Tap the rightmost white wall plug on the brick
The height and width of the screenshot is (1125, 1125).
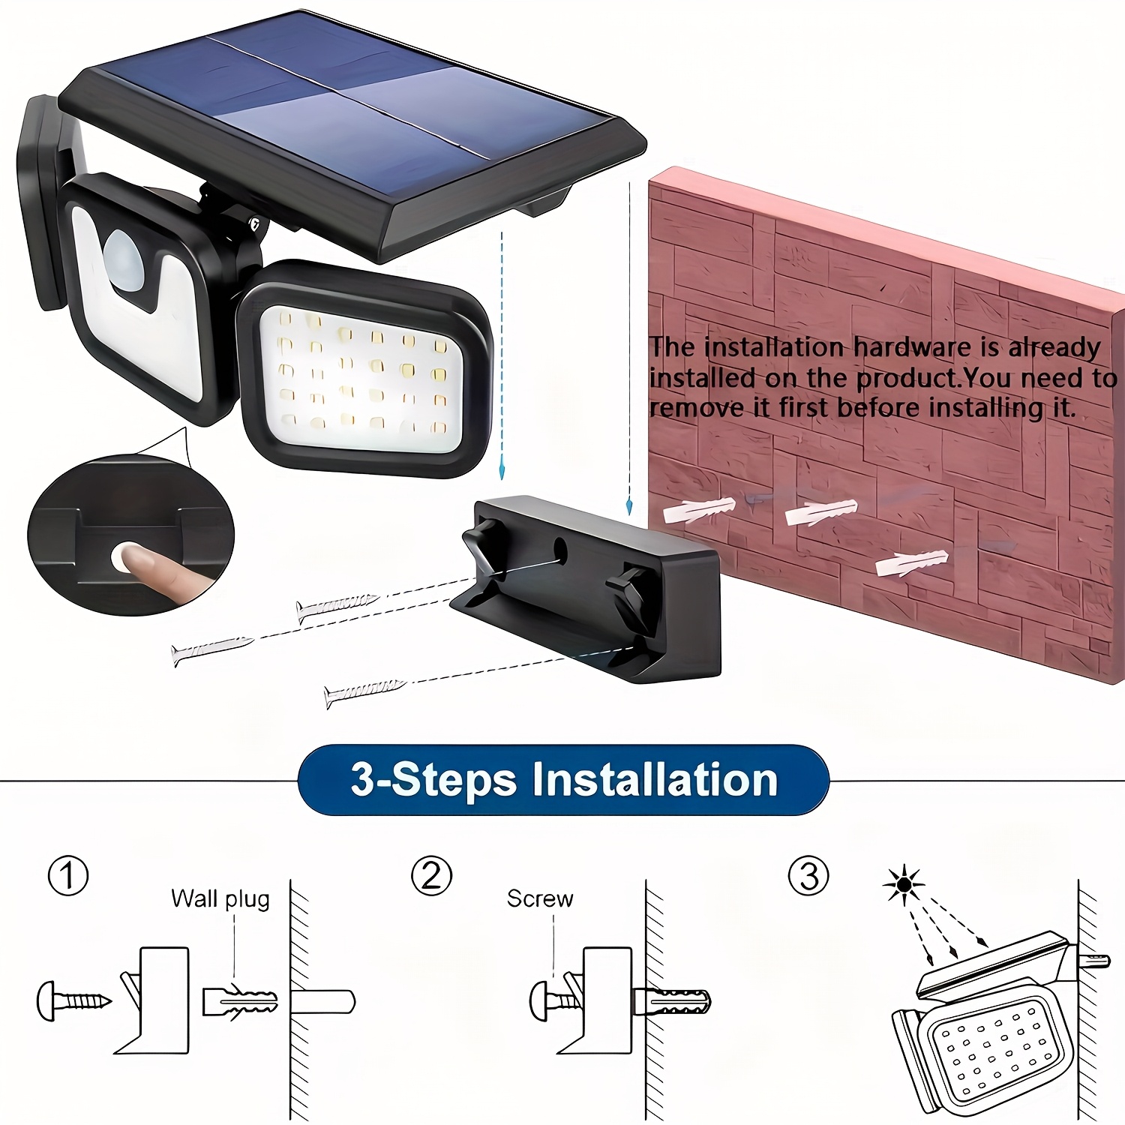pyautogui.click(x=912, y=562)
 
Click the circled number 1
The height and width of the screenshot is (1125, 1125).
pyautogui.click(x=68, y=875)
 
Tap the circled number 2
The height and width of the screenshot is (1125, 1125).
pyautogui.click(x=431, y=875)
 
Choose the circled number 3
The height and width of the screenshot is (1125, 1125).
pyautogui.click(x=808, y=875)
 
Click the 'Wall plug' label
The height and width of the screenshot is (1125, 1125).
pyautogui.click(x=220, y=898)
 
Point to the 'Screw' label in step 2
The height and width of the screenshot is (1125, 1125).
pyautogui.click(x=539, y=898)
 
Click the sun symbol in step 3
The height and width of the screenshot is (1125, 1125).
pyautogui.click(x=904, y=885)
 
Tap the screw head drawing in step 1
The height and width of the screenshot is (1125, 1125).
pyautogui.click(x=49, y=1000)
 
